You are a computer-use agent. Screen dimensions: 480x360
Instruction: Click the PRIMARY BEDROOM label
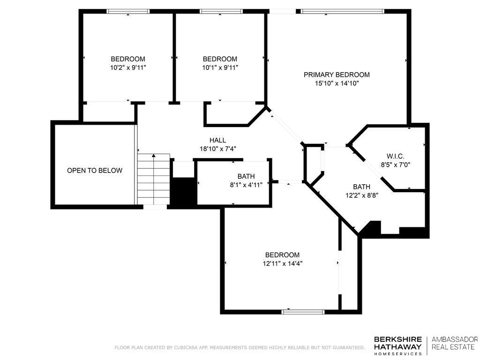(x=337, y=75)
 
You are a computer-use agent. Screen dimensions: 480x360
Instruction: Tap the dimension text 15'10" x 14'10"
(x=337, y=83)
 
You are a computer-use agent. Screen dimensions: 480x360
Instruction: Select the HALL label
(x=217, y=140)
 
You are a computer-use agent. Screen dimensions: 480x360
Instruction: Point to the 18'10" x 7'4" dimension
(x=217, y=149)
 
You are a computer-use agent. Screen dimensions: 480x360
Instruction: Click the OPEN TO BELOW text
(x=95, y=171)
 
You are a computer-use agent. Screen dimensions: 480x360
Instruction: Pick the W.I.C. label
(x=396, y=157)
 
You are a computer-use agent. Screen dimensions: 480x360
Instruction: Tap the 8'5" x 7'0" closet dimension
(x=396, y=165)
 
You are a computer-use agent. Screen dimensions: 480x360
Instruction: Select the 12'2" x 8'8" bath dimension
(x=362, y=195)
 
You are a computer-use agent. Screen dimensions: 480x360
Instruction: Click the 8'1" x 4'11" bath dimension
(x=246, y=185)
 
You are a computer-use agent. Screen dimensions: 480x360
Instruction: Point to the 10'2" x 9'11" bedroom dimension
(x=128, y=67)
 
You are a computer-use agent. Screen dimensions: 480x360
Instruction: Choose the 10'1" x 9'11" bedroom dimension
(x=220, y=67)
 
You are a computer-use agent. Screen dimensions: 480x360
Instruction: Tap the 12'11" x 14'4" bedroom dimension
(x=283, y=263)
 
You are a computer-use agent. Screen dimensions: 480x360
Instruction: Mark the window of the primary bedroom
(x=342, y=12)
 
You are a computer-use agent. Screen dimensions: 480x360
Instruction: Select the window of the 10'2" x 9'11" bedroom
(x=128, y=11)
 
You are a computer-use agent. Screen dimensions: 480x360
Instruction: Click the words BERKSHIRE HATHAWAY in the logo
(x=398, y=343)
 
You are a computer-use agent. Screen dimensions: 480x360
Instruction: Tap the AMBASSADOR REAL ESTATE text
(x=455, y=343)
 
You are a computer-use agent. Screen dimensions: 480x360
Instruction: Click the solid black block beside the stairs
(x=183, y=191)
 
